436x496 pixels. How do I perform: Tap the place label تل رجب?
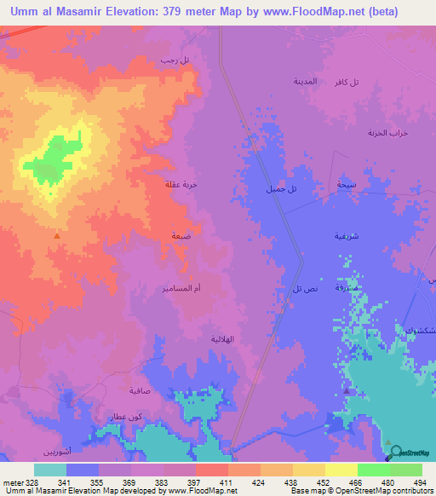coord(173,61)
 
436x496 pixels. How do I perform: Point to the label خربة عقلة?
coord(181,183)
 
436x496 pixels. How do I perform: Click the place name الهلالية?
coord(222,338)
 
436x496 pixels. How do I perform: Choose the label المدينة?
coord(306,82)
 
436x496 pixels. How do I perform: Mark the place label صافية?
coord(141,393)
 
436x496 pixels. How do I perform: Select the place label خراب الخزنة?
coord(384,133)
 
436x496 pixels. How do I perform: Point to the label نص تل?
coord(304,290)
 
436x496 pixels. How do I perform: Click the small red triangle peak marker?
coord(57,236)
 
